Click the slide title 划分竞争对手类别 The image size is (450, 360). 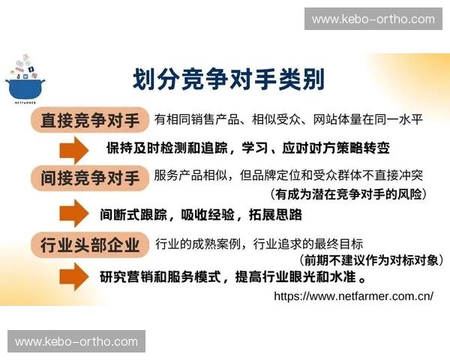click(229, 77)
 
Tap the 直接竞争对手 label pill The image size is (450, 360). click(90, 120)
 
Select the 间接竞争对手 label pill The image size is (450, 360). click(90, 178)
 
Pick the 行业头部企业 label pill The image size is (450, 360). click(90, 244)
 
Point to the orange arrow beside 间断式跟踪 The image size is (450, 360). click(74, 214)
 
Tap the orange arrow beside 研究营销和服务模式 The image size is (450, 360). click(74, 277)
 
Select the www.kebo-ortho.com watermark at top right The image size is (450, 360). click(373, 19)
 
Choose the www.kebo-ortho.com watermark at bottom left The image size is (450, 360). click(76, 342)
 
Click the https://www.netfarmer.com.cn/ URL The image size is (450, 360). click(353, 295)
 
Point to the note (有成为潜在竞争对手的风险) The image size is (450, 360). click(349, 194)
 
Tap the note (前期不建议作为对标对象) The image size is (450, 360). click(370, 260)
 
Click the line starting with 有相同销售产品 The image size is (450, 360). click(288, 120)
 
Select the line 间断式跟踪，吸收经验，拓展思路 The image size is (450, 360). click(201, 214)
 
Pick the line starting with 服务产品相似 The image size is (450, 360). click(288, 177)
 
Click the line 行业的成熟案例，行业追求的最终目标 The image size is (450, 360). click(259, 244)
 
